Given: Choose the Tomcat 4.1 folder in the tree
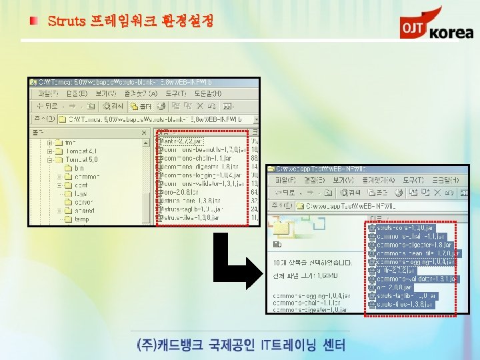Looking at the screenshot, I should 81,151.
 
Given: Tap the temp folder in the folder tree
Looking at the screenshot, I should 81,219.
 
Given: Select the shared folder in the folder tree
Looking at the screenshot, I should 84,211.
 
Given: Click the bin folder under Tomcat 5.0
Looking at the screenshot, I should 79,168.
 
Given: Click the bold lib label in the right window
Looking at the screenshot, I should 277,244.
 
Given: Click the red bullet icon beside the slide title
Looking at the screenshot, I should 33,21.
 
